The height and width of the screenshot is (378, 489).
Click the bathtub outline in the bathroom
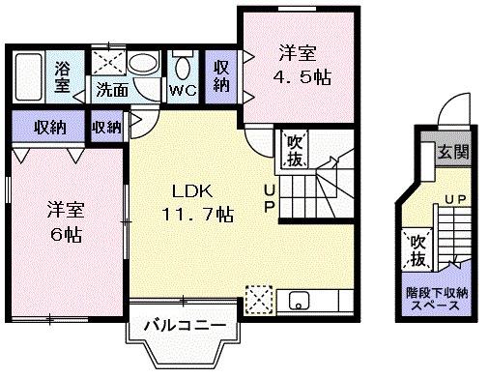(27, 75)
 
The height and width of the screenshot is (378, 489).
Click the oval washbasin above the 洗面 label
(143, 64)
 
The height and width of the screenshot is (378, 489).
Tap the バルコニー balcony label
(185, 326)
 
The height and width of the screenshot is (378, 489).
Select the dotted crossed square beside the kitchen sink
(258, 298)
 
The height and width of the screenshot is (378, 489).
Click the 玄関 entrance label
(450, 152)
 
